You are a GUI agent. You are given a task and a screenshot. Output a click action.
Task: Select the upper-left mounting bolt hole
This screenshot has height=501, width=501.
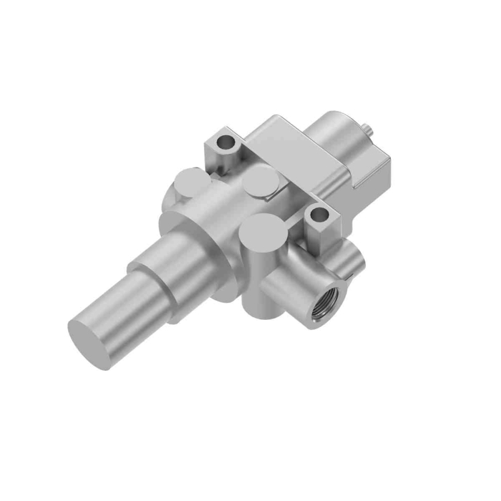tap(228, 141)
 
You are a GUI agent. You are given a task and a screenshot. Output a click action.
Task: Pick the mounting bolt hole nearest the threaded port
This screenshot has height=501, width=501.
tap(317, 213)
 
